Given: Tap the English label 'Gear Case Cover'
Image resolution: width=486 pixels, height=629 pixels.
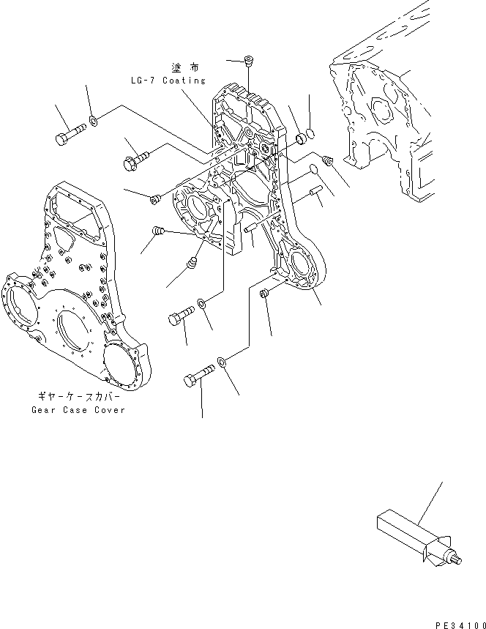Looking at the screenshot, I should (x=78, y=409).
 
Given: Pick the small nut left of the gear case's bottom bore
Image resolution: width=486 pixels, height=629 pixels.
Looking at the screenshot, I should (x=265, y=294).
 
